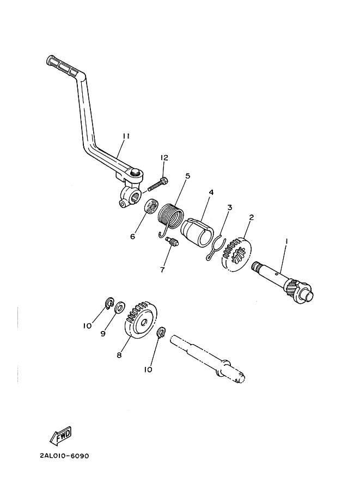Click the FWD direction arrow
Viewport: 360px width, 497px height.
coord(61,434)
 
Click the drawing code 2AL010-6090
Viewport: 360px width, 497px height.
coord(65,456)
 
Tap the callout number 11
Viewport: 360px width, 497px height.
coord(126,136)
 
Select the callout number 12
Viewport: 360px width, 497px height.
coord(164,157)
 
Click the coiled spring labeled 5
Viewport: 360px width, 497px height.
coord(170,219)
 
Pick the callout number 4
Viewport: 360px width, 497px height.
coord(211,192)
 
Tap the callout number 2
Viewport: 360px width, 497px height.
coord(251,217)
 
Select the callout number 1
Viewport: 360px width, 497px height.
coord(286,242)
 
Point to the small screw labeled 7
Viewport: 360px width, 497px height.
coord(173,242)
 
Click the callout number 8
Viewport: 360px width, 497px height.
coord(119,355)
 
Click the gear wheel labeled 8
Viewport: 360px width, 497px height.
coord(141,321)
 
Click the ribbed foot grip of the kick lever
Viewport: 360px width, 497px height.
coord(62,66)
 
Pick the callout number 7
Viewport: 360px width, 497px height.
coord(162,270)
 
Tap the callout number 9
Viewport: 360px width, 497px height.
coord(103,334)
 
